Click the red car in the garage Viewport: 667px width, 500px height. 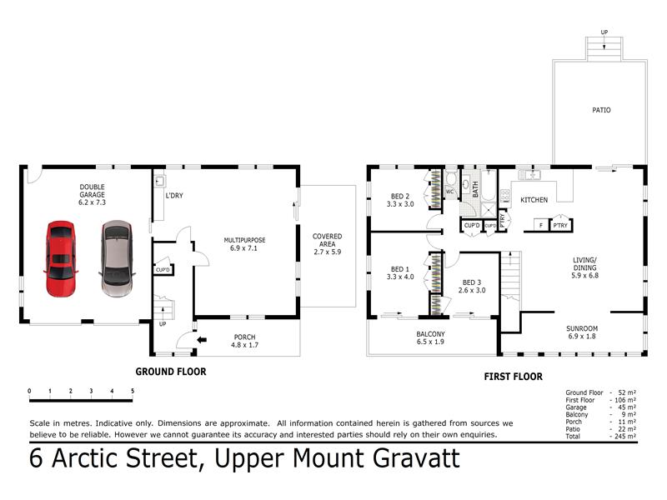point(61,258)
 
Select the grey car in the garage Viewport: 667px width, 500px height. point(117,258)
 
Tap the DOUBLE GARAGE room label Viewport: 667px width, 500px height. point(92,195)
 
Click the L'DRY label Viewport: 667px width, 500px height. point(174,196)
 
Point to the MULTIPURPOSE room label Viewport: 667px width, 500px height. point(244,244)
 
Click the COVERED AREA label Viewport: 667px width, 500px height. point(327,243)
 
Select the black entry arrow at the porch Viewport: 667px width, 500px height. point(202,340)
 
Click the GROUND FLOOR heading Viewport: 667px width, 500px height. point(171,372)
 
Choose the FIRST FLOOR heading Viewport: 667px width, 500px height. point(513,377)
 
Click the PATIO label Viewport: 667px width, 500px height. point(601,110)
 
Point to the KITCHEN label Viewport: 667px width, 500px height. point(534,200)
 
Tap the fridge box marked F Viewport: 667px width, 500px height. point(541,225)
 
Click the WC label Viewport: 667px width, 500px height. point(449,192)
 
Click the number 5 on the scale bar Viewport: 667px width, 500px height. point(133,391)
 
